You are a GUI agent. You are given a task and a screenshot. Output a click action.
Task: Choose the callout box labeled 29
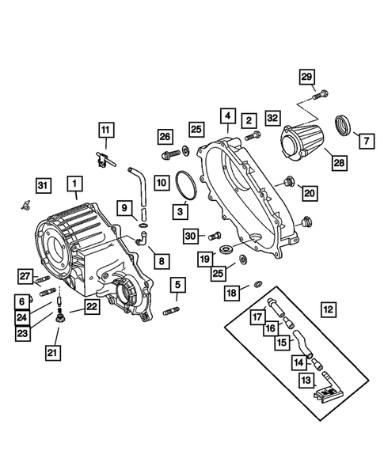click(307, 76)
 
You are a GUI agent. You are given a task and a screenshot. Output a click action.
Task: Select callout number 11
click(106, 129)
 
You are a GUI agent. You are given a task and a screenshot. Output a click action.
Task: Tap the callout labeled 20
click(309, 192)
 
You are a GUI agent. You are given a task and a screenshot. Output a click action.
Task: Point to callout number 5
click(177, 284)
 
